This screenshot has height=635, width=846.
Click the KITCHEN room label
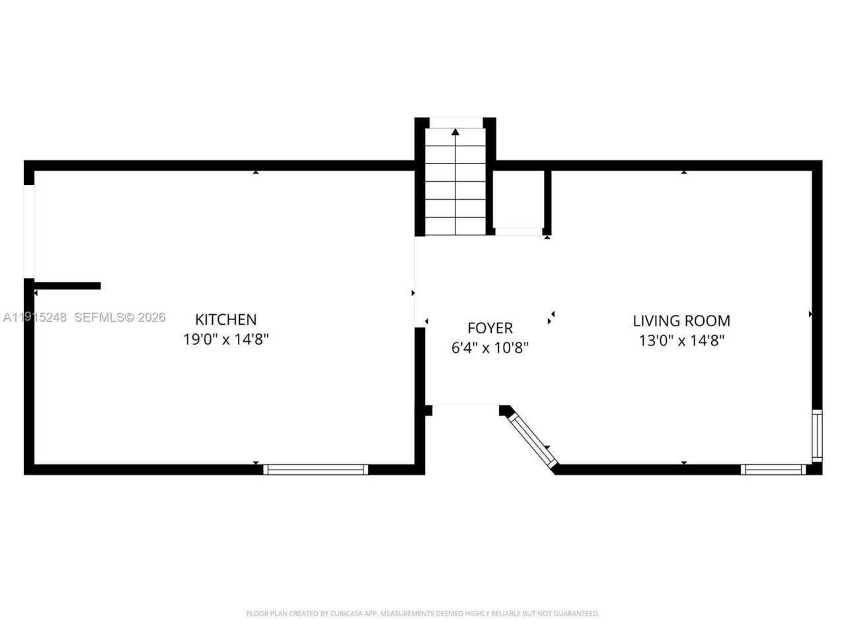point(225,319)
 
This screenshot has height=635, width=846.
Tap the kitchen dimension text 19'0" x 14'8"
point(225,340)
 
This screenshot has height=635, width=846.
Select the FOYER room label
point(490,328)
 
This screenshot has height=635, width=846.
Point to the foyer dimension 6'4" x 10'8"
point(490,348)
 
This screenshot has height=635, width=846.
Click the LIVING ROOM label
point(681,321)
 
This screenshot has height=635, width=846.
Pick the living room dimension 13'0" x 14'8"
point(681,341)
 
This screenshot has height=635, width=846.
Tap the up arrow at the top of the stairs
point(455,132)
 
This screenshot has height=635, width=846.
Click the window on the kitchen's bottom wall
point(315,470)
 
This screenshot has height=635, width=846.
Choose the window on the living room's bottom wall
point(773,470)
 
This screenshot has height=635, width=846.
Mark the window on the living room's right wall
point(817,435)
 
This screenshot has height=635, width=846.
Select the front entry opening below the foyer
point(465,406)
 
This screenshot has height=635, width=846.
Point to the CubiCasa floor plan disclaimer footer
point(423,614)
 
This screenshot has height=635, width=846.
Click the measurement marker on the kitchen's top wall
point(256,172)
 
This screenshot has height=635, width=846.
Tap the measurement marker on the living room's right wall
point(810,314)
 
